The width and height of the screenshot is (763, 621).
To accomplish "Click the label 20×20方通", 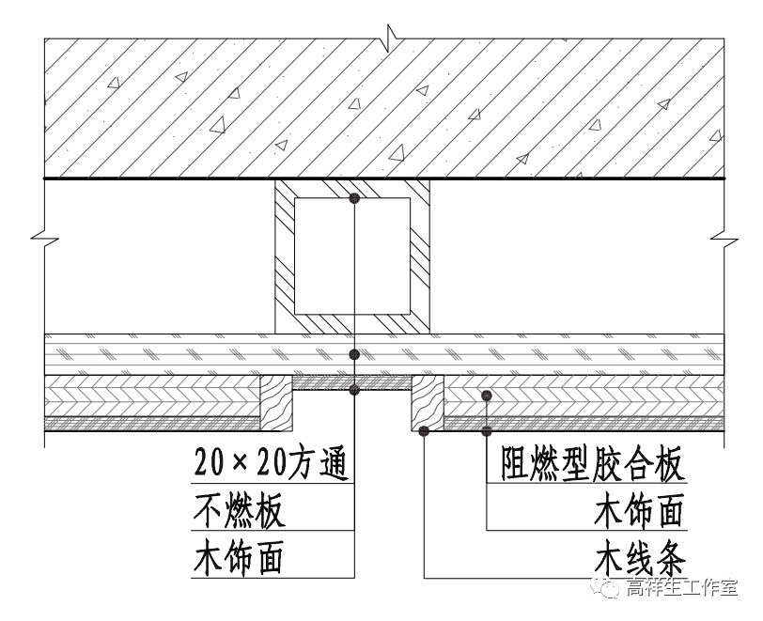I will (271, 462).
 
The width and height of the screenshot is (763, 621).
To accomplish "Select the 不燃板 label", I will (240, 512).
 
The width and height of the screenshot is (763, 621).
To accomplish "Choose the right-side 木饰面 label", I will (639, 512).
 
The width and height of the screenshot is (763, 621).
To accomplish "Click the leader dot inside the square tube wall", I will (354, 198).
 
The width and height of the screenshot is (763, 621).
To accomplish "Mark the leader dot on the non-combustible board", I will (354, 354).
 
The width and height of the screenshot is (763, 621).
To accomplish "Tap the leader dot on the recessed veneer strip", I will (354, 389).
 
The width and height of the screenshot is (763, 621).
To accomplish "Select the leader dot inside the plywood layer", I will (486, 395).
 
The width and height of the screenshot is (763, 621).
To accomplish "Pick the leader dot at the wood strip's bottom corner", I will (425, 431).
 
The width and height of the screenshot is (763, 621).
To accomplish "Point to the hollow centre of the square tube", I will (352, 256).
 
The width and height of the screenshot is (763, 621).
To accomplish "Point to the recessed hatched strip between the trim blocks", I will (352, 383).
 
